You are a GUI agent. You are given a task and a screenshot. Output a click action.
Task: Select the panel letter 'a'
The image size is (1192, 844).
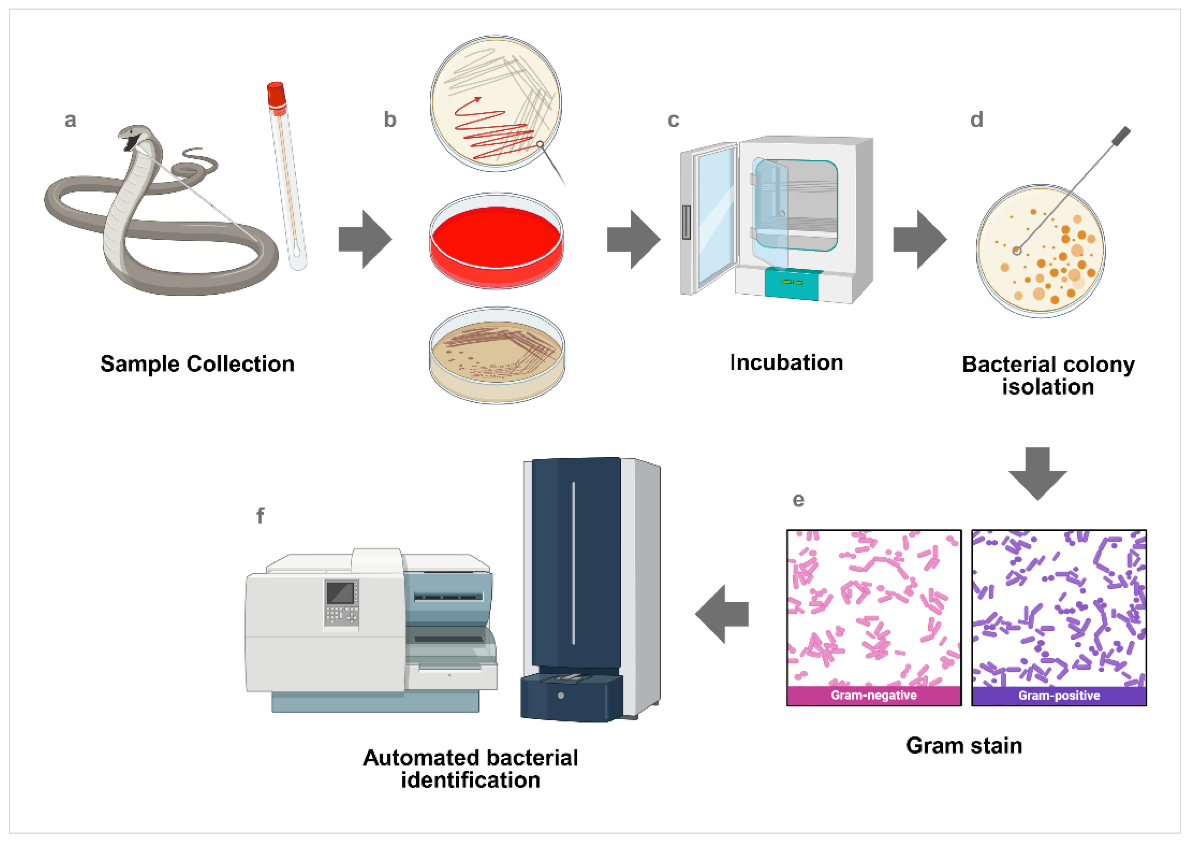(70, 120)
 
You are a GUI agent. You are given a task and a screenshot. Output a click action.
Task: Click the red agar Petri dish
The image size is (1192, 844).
(496, 240)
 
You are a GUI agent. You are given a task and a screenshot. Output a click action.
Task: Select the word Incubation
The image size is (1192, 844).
(787, 362)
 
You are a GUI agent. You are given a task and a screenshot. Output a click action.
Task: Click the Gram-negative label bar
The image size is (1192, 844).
(873, 695)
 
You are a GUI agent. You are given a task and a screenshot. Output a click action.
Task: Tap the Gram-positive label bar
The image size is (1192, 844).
(1058, 695)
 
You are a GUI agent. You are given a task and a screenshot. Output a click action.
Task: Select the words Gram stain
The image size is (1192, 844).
(964, 745)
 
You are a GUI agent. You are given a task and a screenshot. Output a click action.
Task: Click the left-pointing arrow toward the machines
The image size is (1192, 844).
(722, 614)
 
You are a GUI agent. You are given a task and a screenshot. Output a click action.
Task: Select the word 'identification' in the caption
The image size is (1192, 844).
(471, 780)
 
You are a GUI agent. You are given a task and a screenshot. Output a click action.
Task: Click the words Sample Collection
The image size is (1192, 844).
(197, 364)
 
